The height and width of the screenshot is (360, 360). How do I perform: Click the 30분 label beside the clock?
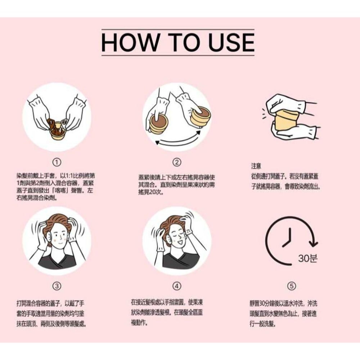tap(308, 258)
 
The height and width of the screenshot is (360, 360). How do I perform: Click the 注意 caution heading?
tap(256, 167)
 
